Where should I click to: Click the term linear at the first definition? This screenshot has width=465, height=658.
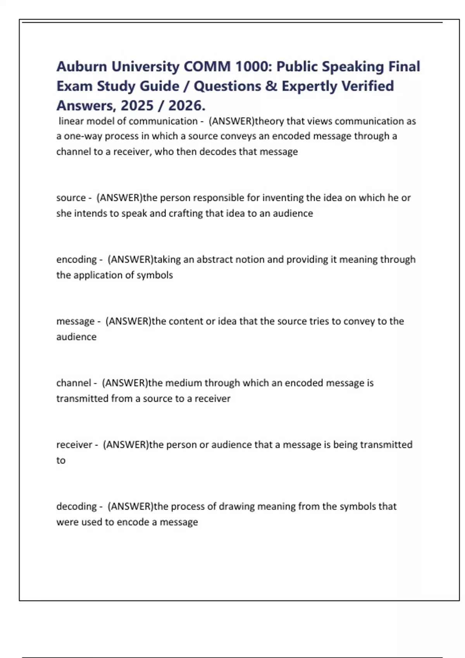click(x=71, y=121)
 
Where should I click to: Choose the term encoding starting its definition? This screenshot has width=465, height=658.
click(x=76, y=259)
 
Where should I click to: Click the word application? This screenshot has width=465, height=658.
click(x=95, y=275)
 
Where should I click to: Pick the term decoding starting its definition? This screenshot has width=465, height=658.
click(x=76, y=506)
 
